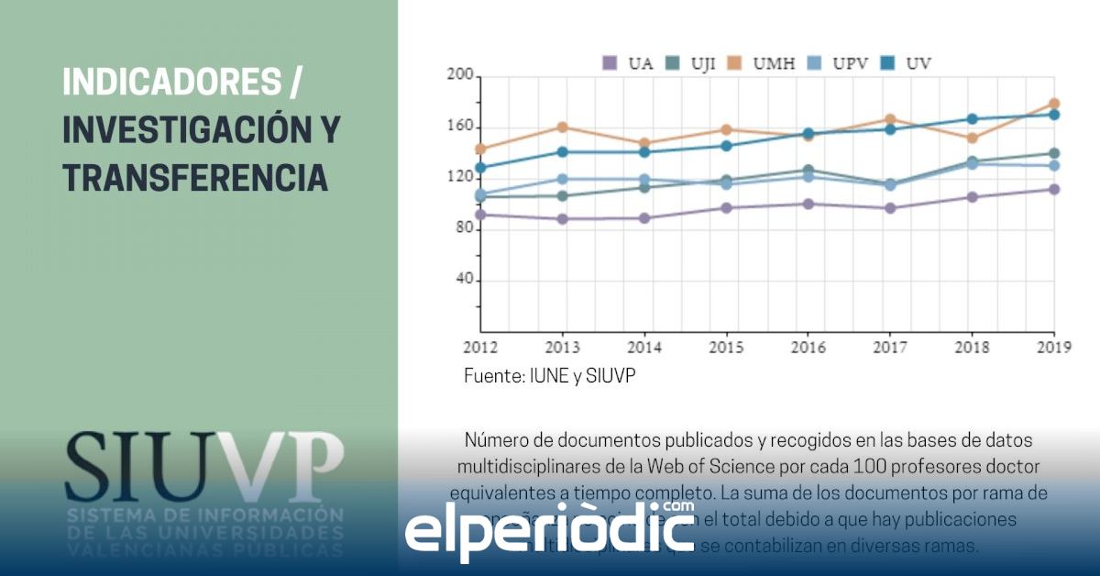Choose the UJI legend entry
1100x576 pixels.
(690, 63)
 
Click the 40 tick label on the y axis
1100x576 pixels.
(462, 281)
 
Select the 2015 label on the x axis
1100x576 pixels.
(726, 349)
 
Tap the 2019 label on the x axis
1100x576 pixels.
(1053, 349)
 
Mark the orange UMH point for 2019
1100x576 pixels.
(1054, 104)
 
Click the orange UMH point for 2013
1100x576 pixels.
(562, 127)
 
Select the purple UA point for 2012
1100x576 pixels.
(480, 215)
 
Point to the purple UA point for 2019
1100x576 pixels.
(1054, 190)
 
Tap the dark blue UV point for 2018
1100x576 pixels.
(972, 119)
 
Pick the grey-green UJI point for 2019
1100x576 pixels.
(1054, 153)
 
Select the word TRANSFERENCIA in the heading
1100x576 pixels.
(195, 177)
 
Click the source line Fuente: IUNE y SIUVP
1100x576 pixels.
(549, 377)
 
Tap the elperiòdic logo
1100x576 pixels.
(550, 529)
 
